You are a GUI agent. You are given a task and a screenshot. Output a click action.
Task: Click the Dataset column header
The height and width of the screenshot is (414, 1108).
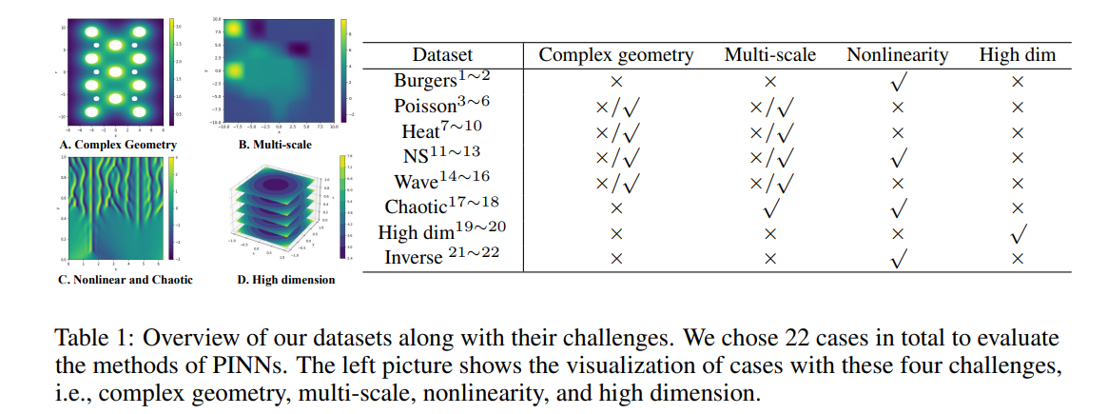(442, 54)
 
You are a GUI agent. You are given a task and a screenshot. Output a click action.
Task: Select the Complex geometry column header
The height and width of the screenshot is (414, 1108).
(616, 54)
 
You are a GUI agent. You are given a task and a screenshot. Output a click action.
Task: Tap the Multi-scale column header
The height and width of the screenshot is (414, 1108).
(769, 54)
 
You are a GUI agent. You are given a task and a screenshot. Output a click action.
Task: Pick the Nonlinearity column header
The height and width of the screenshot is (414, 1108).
(897, 54)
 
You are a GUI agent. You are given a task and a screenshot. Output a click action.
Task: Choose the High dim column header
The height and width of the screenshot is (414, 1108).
(1018, 54)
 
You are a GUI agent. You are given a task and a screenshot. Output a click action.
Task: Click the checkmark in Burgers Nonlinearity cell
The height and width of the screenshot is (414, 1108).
(898, 82)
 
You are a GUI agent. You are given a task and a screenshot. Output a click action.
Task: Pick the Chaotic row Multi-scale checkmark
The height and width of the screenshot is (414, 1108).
(770, 207)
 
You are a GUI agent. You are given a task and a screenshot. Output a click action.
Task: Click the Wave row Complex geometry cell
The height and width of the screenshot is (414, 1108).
(616, 183)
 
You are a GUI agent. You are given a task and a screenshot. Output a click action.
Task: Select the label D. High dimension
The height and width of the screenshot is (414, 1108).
(285, 280)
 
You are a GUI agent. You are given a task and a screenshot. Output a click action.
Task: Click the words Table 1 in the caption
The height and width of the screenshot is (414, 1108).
(88, 339)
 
